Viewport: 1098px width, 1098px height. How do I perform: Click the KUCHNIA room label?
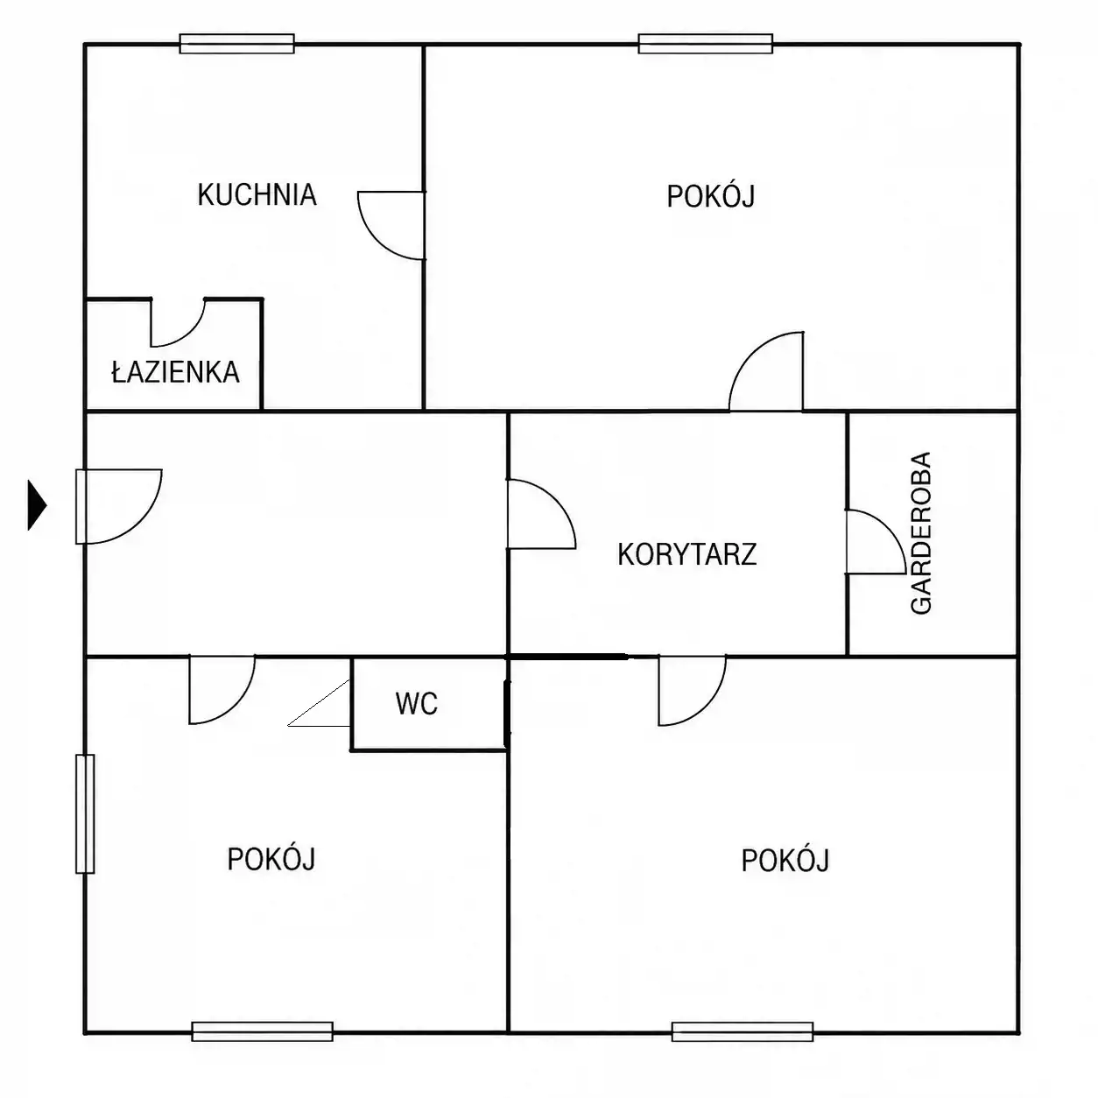click(x=257, y=195)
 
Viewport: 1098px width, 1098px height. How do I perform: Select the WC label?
click(x=417, y=704)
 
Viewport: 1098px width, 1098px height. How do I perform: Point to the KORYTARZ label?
click(x=687, y=554)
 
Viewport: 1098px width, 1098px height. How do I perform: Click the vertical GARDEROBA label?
click(x=921, y=533)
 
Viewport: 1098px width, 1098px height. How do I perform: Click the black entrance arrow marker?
click(x=37, y=505)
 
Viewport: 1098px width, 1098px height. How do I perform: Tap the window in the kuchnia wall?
click(x=237, y=44)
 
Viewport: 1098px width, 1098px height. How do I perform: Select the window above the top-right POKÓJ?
click(x=706, y=44)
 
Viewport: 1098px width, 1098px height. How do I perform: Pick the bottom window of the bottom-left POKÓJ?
click(x=262, y=1031)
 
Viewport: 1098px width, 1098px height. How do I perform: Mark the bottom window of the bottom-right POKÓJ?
click(x=743, y=1031)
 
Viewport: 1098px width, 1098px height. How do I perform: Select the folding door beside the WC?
click(x=319, y=703)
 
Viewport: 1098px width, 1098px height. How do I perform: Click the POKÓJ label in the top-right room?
click(x=710, y=196)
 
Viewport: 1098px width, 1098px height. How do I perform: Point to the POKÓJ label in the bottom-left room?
click(x=271, y=859)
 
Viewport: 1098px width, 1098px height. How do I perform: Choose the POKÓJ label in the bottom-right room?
click(x=785, y=861)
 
